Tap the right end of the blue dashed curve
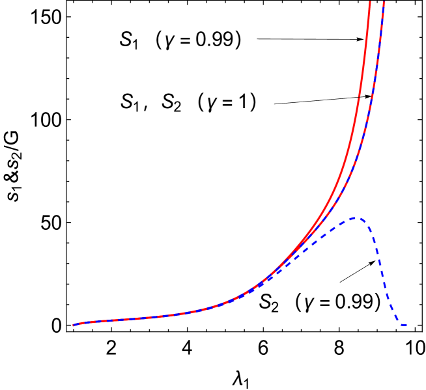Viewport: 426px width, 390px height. [x=406, y=325]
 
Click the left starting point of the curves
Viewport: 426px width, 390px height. [x=73, y=325]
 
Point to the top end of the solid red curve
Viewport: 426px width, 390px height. [x=369, y=3]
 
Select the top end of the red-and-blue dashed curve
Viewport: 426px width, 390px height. [x=384, y=3]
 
